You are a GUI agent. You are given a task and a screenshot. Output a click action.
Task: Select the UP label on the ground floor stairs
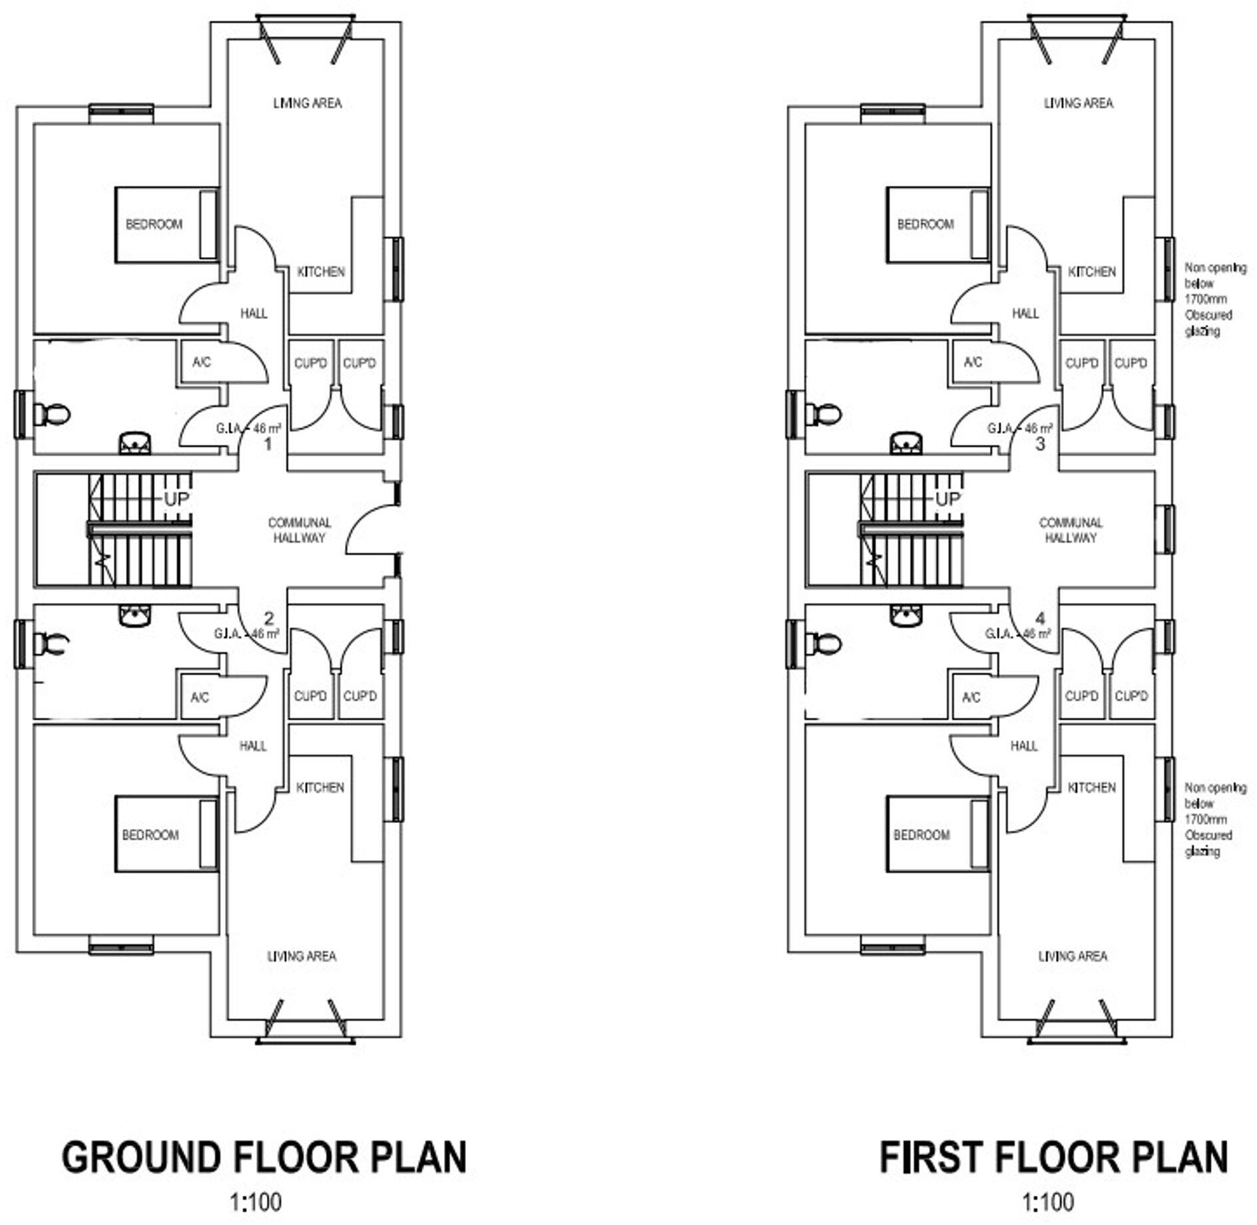coord(176,499)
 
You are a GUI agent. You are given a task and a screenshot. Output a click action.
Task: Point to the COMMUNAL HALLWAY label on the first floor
coord(1071,530)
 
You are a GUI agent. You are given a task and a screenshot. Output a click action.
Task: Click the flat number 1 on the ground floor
coord(268,444)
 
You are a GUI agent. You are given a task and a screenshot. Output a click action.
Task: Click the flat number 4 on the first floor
coord(1041,619)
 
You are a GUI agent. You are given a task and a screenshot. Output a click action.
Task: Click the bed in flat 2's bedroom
coord(166,835)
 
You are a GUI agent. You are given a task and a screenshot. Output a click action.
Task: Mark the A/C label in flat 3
coord(973,362)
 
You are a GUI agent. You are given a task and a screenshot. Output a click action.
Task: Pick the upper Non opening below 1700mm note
coord(1214,299)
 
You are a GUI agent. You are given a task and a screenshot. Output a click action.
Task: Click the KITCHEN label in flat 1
coord(320,272)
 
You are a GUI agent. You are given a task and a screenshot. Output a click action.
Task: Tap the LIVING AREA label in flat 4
coord(1073,956)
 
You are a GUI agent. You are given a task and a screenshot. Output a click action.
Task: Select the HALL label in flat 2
coord(253,746)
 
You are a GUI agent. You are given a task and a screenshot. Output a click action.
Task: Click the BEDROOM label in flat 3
coord(925,224)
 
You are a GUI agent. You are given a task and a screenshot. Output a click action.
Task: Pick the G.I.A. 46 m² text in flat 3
coord(1019,428)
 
